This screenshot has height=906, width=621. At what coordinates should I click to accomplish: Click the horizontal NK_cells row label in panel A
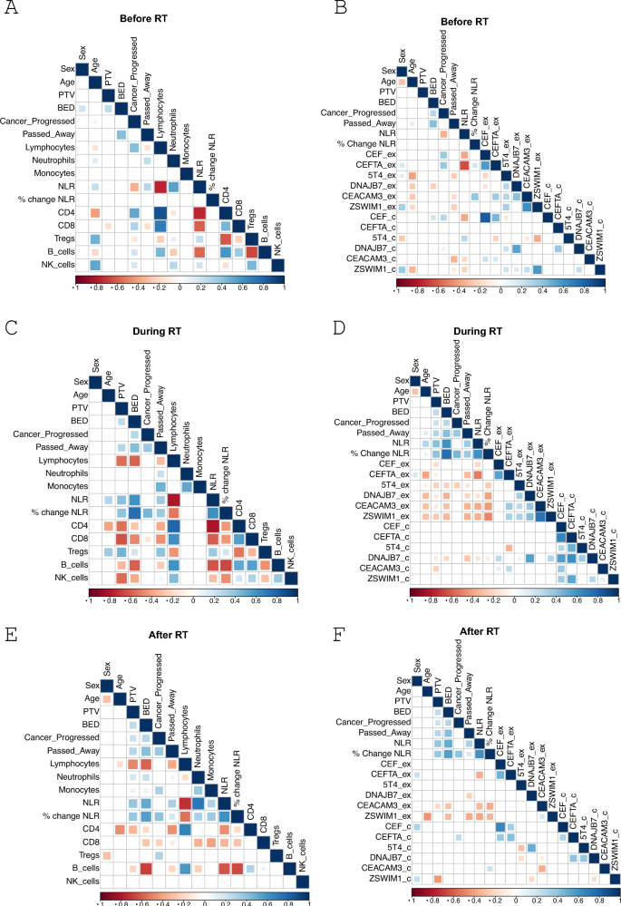[x=56, y=264]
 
